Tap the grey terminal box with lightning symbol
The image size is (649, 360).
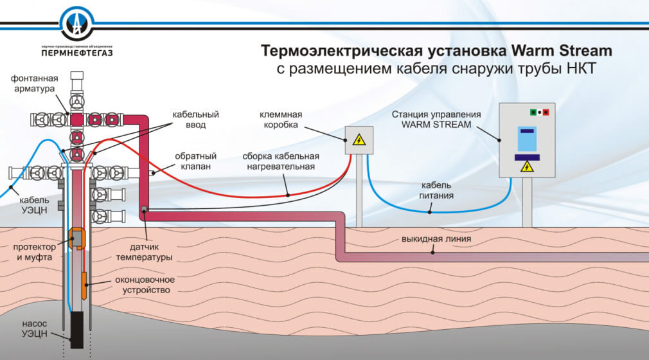tap(358, 139)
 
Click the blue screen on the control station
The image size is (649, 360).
tap(527, 139)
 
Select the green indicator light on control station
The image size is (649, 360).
tap(533, 112)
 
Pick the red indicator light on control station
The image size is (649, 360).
tap(546, 112)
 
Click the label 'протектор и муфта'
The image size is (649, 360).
tap(32, 252)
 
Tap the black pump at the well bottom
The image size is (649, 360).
tap(77, 329)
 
